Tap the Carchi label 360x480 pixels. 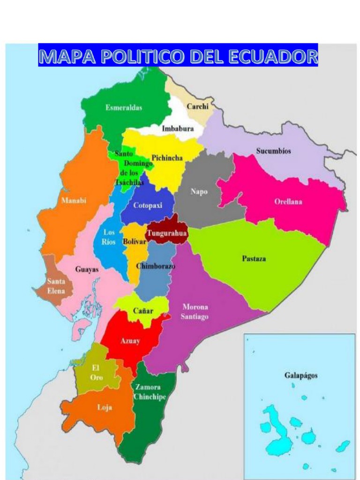point(197,106)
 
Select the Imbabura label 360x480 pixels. point(178,129)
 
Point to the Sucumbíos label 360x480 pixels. point(273,151)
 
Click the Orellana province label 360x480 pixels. point(288,202)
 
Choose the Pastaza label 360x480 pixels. point(254,258)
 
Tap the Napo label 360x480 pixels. point(199,191)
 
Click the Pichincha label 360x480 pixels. point(167,158)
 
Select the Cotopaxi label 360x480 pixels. point(148,205)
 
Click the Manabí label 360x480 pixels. point(74,201)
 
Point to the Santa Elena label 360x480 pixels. point(56,286)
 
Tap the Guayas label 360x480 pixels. point(87,270)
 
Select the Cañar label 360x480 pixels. point(143,311)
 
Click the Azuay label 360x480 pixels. point(130,341)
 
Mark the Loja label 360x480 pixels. point(104,407)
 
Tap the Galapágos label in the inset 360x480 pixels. point(300,375)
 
